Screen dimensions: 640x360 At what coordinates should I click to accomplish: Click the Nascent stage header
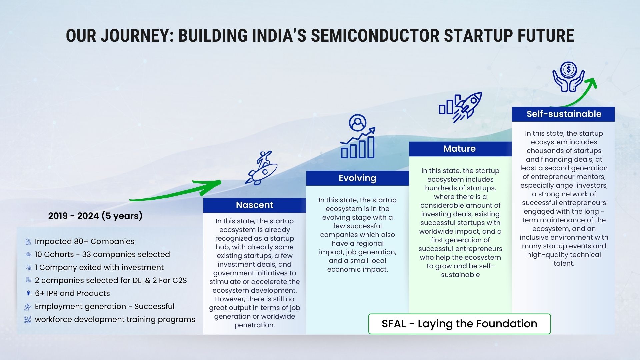[x=255, y=205]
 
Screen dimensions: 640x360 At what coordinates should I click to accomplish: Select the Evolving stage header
[x=357, y=178]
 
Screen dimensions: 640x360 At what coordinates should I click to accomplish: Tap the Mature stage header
[x=460, y=149]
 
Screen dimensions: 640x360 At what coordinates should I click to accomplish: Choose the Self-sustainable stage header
[x=563, y=114]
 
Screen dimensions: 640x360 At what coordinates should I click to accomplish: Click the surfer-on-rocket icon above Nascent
[x=262, y=168]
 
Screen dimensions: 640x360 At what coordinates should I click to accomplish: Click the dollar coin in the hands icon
[x=568, y=70]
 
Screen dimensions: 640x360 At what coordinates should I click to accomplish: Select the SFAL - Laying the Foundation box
[x=459, y=324]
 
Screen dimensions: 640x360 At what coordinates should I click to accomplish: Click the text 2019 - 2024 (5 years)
[x=95, y=216]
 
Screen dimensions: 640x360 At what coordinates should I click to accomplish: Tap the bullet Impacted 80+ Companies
[x=85, y=241]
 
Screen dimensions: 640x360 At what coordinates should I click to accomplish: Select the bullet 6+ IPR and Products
[x=72, y=293]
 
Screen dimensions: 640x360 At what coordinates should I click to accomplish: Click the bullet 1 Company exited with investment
[x=99, y=267]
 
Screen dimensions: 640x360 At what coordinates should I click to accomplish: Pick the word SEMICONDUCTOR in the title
[x=375, y=36]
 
